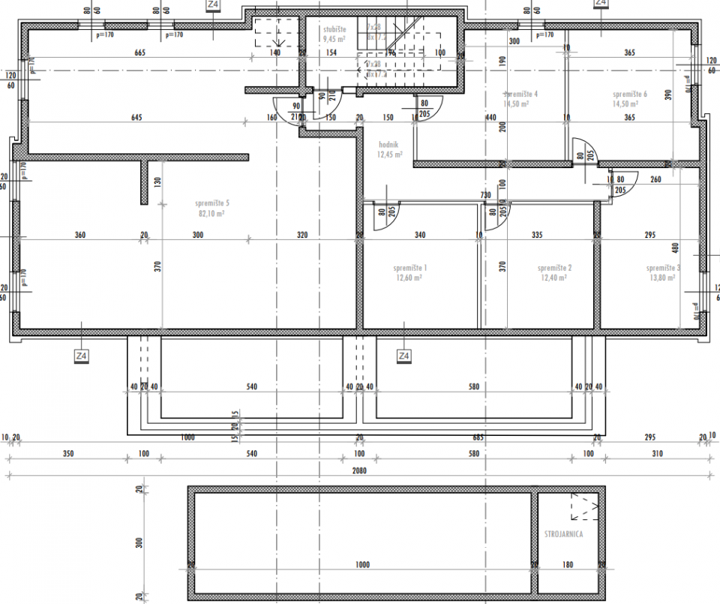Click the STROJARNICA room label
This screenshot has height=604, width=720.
(x=563, y=534)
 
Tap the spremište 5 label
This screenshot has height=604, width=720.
(x=212, y=203)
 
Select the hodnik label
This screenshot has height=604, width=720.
(x=388, y=144)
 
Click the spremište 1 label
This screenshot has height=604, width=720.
(x=409, y=268)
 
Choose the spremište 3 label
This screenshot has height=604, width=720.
(x=663, y=268)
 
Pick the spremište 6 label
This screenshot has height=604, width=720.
(x=629, y=94)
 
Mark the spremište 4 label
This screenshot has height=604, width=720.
(x=520, y=94)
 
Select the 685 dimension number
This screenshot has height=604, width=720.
(x=478, y=437)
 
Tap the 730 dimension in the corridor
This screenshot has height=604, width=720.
(x=485, y=195)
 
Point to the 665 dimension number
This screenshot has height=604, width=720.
(x=139, y=53)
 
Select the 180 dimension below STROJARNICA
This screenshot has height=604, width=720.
(x=567, y=564)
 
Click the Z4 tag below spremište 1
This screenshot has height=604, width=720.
(x=403, y=355)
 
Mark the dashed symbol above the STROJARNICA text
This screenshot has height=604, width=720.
(x=583, y=507)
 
